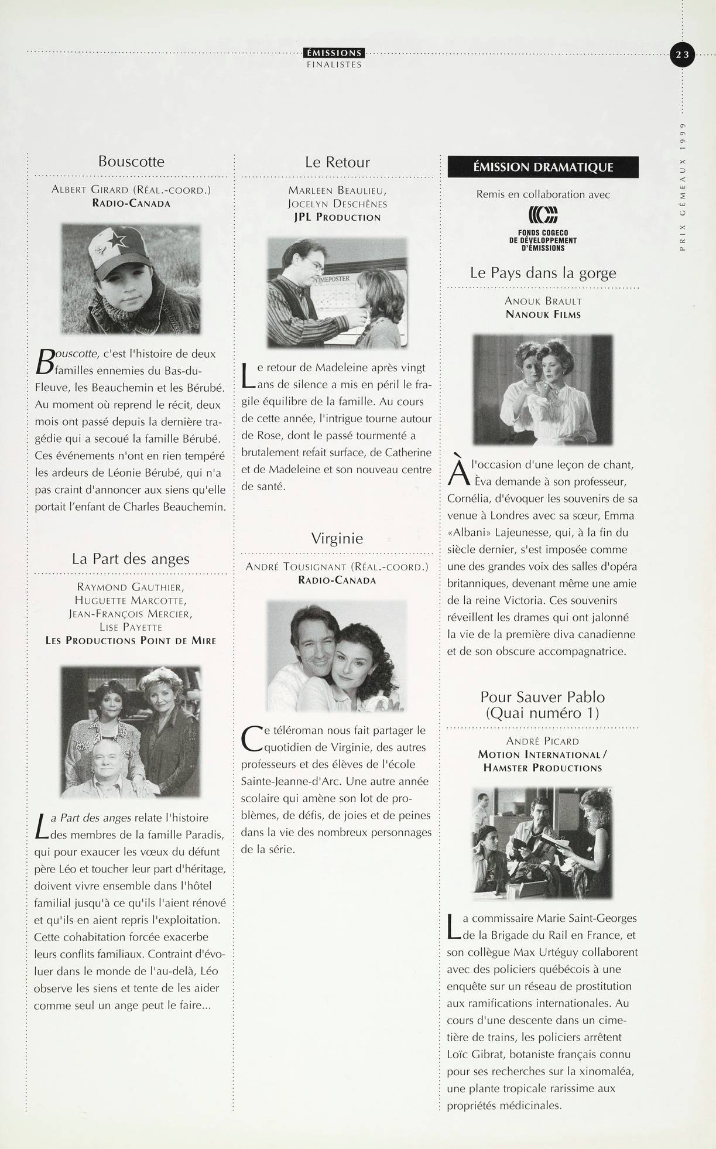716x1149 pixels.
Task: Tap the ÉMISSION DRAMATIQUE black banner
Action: pyautogui.click(x=543, y=167)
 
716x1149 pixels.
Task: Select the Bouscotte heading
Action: pyautogui.click(x=131, y=162)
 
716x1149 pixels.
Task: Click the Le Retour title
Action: pyautogui.click(x=337, y=162)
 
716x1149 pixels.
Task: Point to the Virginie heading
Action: pyautogui.click(x=337, y=539)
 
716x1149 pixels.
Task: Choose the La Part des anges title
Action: pyautogui.click(x=131, y=559)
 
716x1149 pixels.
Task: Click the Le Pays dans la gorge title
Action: pyautogui.click(x=543, y=273)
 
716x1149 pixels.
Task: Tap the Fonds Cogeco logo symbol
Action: pyautogui.click(x=543, y=216)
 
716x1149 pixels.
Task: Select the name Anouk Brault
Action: pyautogui.click(x=543, y=301)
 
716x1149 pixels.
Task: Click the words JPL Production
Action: pyautogui.click(x=337, y=217)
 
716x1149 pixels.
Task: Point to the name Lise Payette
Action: pyautogui.click(x=131, y=627)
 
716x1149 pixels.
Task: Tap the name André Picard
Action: pyautogui.click(x=543, y=741)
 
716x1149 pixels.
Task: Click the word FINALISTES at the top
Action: pyautogui.click(x=334, y=65)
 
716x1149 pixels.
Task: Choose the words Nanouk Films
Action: pyautogui.click(x=543, y=314)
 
